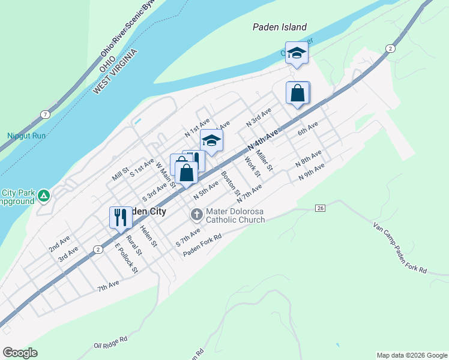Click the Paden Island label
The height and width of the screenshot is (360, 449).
point(280,27)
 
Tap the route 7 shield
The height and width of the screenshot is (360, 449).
point(45,114)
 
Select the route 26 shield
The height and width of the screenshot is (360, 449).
point(321,208)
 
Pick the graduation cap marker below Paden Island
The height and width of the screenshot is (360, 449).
point(297,53)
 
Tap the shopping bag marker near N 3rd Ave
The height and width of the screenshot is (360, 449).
point(298,93)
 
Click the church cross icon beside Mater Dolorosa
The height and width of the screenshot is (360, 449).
point(197,214)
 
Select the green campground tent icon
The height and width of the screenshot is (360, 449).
point(43,196)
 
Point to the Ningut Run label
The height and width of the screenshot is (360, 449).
point(26,136)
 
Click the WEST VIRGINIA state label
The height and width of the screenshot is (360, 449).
point(115,71)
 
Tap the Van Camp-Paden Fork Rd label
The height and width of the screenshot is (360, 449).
point(399,248)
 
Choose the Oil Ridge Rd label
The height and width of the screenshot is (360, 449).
point(111,342)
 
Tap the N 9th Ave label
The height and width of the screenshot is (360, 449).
point(312,171)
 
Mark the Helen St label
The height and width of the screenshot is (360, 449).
point(148,236)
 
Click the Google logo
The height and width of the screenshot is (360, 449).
point(20,353)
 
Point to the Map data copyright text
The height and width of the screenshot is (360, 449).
point(412,355)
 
